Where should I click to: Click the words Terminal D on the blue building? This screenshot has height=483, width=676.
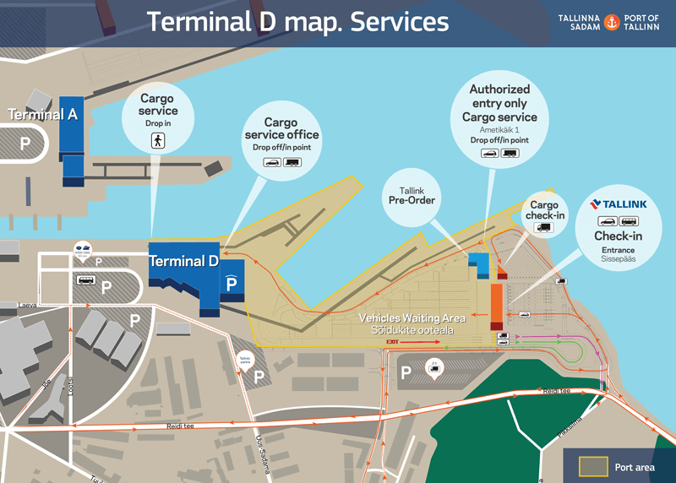pos(183,262)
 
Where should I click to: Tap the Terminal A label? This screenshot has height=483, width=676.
pos(43,114)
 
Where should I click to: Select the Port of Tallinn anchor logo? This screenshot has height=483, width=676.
pos(613,22)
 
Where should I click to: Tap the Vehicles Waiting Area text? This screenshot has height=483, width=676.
pos(412,317)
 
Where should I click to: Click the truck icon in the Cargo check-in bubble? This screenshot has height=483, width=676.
pos(544,227)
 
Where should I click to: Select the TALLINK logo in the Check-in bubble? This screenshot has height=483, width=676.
pos(619,204)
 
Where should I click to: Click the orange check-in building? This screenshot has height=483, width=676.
pos(497,307)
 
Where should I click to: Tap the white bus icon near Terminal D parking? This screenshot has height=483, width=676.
pos(85,280)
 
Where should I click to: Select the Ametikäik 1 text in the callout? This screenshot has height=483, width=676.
pos(499,129)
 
